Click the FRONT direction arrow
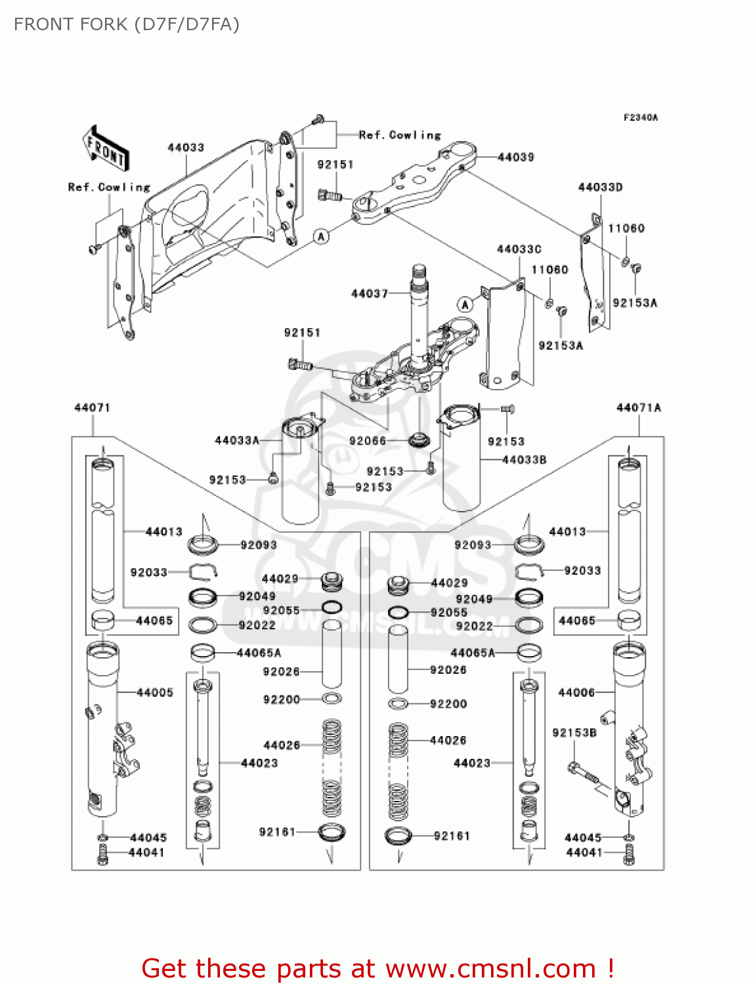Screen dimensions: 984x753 click(105, 149)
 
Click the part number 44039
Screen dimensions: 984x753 click(515, 157)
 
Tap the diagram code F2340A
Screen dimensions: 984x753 click(640, 118)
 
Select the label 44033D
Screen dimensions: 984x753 click(600, 188)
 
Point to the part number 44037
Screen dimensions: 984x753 click(369, 294)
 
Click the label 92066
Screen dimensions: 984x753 click(368, 441)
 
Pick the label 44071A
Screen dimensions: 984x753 click(638, 408)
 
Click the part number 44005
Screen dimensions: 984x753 click(155, 693)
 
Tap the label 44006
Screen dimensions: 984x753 click(576, 693)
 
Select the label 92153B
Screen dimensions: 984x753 click(574, 733)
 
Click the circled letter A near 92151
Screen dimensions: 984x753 click(321, 236)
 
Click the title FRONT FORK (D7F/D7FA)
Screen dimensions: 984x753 click(127, 24)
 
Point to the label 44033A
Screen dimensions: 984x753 click(237, 440)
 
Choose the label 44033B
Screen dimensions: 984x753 click(524, 460)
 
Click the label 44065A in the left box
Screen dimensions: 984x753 click(259, 653)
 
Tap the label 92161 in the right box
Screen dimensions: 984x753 click(452, 836)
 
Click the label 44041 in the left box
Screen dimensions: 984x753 click(146, 853)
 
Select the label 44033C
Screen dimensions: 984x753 click(519, 249)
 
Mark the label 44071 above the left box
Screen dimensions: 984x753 click(92, 408)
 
